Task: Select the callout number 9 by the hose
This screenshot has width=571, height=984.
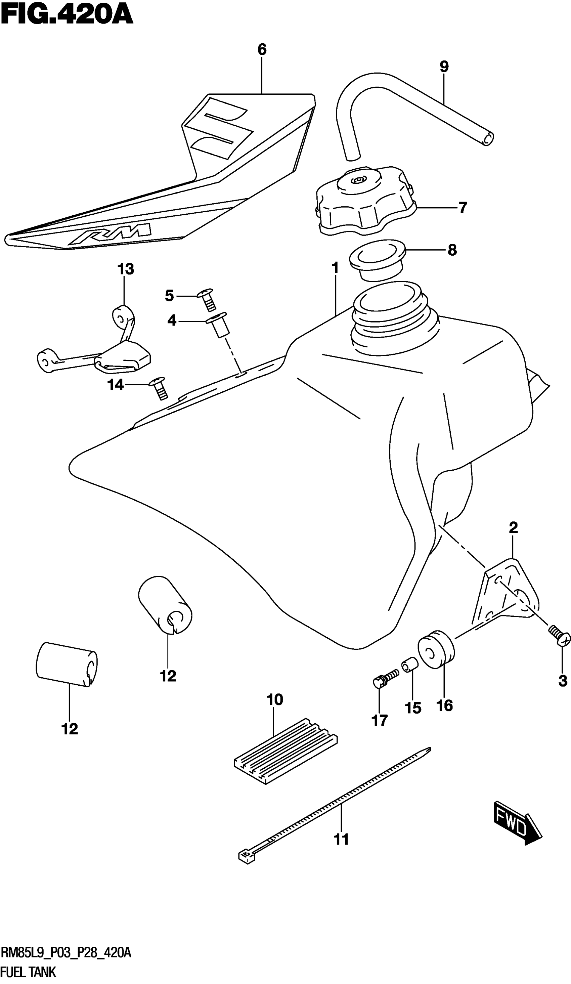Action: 444,67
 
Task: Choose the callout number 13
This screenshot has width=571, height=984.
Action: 126,269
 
